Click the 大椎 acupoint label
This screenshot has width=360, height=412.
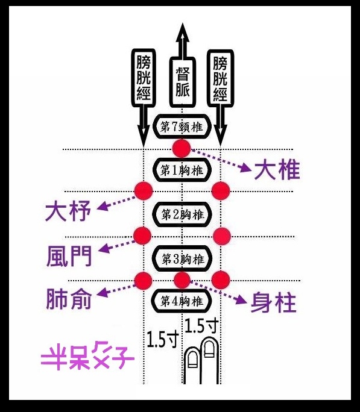[x=277, y=170]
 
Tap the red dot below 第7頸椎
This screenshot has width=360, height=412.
[x=182, y=148]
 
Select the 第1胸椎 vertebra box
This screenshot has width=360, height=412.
[x=182, y=170]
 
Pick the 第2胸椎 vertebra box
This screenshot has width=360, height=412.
[x=183, y=214]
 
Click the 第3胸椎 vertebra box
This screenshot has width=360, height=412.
[x=183, y=259]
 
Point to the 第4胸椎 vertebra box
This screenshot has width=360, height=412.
[x=182, y=301]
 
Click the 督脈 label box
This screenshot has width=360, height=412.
[x=183, y=83]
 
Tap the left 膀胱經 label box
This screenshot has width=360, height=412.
[x=144, y=78]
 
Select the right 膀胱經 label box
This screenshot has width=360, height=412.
[x=220, y=78]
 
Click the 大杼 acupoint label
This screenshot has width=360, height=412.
[x=68, y=211]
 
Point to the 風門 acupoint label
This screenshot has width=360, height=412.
[x=69, y=256]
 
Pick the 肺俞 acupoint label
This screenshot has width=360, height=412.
[x=69, y=299]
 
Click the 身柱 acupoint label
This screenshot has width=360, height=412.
[x=274, y=302]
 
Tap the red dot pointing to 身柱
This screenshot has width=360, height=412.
[x=182, y=280]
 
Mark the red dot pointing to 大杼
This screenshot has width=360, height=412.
[x=144, y=190]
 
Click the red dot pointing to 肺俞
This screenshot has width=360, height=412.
[x=144, y=281]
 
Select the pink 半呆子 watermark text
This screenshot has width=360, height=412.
[x=87, y=356]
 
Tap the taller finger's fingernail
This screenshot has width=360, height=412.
[x=209, y=349]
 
